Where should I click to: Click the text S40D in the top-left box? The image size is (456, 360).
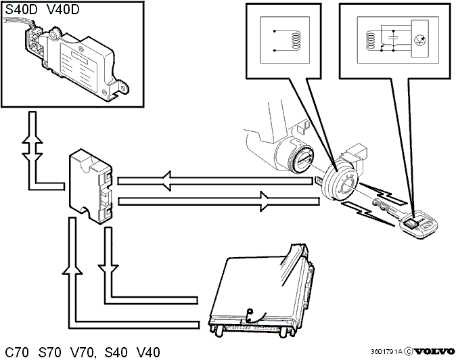21,10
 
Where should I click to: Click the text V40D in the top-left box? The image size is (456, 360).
63,10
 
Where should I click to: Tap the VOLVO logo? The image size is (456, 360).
434,352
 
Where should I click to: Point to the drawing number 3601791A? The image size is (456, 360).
386,352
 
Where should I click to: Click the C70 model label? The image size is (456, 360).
17,353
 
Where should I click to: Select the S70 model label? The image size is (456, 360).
50,353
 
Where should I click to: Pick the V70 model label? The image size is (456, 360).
83,353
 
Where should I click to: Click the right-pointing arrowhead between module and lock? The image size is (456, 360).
265,201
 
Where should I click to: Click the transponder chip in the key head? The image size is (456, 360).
411,223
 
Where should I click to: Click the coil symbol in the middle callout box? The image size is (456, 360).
296,40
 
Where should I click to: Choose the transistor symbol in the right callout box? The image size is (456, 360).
419,40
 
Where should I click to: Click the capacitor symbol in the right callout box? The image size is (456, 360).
393,38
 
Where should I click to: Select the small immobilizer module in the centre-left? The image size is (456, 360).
90,185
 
